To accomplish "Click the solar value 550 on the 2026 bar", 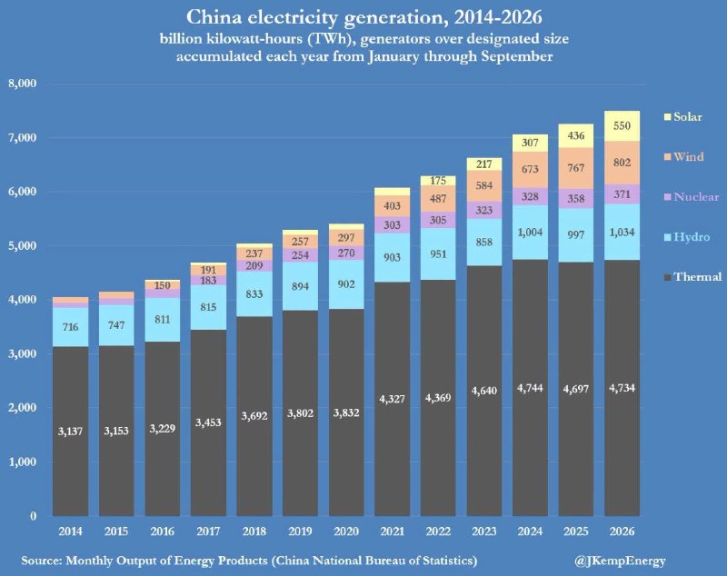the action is (x=622, y=125).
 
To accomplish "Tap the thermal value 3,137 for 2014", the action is (x=70, y=432).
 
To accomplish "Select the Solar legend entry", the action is (x=683, y=117).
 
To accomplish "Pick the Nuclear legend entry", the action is (x=692, y=197).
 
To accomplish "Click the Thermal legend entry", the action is (x=692, y=277).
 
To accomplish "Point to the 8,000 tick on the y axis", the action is (x=22, y=84).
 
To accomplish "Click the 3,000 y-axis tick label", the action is (x=22, y=354).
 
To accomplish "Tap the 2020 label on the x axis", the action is (x=346, y=531).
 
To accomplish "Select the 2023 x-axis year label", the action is (x=484, y=531).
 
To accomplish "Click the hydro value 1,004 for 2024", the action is (x=530, y=233).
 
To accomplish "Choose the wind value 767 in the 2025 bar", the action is (x=576, y=168).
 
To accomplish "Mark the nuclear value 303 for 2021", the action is (x=392, y=224).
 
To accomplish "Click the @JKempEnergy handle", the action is (x=620, y=561).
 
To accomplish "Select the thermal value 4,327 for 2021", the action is (x=392, y=399).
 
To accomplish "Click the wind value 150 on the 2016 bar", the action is (x=162, y=285).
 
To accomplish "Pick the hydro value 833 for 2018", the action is (x=254, y=293).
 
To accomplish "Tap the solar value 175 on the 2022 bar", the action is (x=438, y=181).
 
